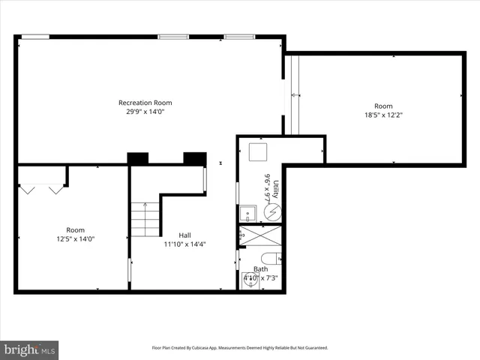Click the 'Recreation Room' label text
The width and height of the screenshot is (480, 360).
pyautogui.click(x=145, y=103)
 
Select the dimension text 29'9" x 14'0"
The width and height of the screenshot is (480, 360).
pyautogui.click(x=145, y=112)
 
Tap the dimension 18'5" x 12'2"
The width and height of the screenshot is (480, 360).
pyautogui.click(x=383, y=115)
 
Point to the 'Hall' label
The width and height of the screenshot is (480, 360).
pyautogui.click(x=184, y=235)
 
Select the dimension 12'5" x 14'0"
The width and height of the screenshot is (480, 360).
pyautogui.click(x=75, y=239)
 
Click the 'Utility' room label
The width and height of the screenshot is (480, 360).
pyautogui.click(x=276, y=188)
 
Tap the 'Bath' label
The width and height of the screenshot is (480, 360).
pyautogui.click(x=260, y=268)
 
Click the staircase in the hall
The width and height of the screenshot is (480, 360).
pyautogui.click(x=145, y=218)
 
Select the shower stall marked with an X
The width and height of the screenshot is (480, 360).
pyautogui.click(x=260, y=235)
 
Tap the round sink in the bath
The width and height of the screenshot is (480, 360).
pyautogui.click(x=250, y=281)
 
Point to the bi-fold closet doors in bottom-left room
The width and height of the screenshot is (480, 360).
pyautogui.click(x=42, y=190)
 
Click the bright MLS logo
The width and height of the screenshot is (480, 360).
pyautogui.click(x=30, y=349)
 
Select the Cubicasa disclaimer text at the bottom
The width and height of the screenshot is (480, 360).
pyautogui.click(x=240, y=348)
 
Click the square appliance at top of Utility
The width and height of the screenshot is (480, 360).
pyautogui.click(x=259, y=152)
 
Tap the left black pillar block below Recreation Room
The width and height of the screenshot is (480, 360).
pyautogui.click(x=138, y=158)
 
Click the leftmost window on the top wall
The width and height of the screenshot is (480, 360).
pyautogui.click(x=34, y=36)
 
